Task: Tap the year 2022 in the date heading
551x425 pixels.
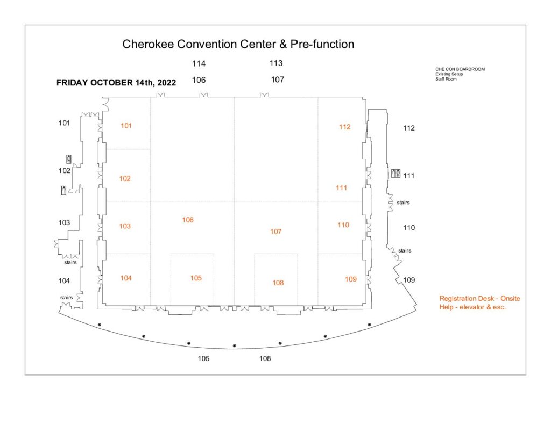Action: point(167,83)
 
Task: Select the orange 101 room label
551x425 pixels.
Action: point(126,126)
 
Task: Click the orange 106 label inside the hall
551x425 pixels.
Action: point(188,220)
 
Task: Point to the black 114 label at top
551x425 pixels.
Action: point(199,63)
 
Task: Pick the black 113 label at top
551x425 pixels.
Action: point(276,63)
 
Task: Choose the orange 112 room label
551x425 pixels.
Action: point(345,127)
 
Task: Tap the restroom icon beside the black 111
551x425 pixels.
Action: point(395,174)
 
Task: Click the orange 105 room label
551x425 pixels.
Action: point(196,278)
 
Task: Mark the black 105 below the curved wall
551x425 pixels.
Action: point(203,358)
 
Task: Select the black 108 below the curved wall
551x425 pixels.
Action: point(265,358)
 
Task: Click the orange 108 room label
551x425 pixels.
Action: point(278,283)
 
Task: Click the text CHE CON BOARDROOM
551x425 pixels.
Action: point(460,69)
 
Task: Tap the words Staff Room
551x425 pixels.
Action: point(446,79)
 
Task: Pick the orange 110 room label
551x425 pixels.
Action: point(343,225)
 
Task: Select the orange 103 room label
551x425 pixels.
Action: point(125,226)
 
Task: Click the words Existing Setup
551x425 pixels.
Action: point(449,74)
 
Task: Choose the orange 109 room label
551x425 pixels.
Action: point(351,279)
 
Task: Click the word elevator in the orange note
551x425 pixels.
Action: point(472,307)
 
